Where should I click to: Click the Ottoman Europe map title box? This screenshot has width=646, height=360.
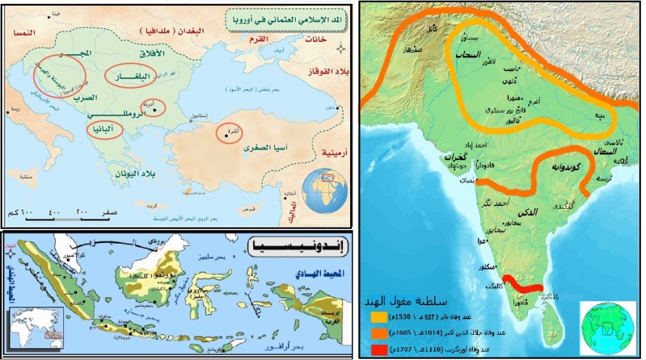(x=286, y=21)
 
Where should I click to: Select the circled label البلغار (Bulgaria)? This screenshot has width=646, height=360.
(x=132, y=76)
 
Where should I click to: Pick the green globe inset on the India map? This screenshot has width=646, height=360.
(x=608, y=328)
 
